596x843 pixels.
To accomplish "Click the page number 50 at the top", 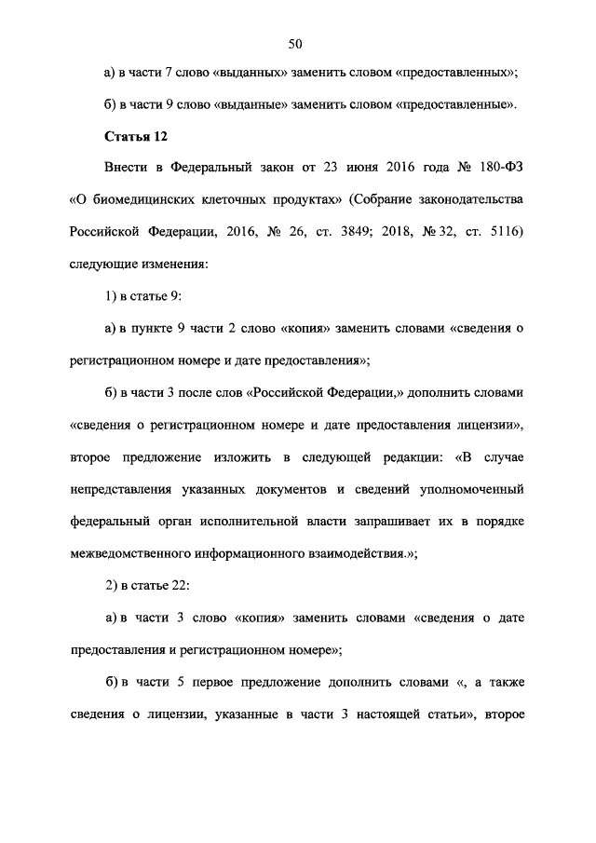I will [x=297, y=44].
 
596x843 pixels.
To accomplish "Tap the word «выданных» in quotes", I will [x=246, y=72].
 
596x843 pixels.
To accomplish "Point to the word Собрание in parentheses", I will [x=389, y=201].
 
